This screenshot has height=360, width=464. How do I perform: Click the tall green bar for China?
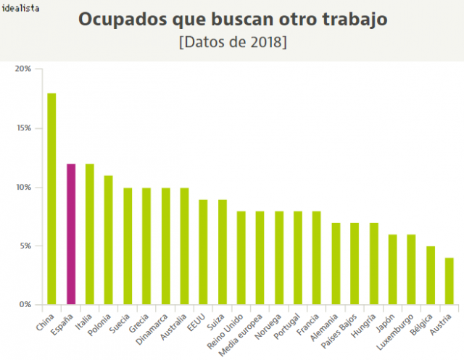(x=51, y=199)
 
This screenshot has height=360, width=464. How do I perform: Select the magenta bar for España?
(x=71, y=235)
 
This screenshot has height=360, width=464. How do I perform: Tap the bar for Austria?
(x=449, y=281)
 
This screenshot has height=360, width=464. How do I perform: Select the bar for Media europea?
(x=260, y=258)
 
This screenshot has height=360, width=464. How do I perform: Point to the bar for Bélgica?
(x=430, y=275)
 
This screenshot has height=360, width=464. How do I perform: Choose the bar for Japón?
(x=392, y=269)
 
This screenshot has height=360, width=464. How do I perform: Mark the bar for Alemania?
(x=336, y=264)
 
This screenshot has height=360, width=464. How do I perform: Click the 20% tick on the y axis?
(x=22, y=70)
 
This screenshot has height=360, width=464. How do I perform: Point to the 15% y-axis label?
(x=22, y=128)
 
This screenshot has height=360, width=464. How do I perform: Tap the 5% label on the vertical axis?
(x=25, y=246)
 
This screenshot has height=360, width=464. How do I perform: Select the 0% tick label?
(x=25, y=305)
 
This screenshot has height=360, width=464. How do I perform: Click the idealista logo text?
(x=20, y=8)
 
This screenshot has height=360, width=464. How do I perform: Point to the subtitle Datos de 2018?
(x=232, y=42)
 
